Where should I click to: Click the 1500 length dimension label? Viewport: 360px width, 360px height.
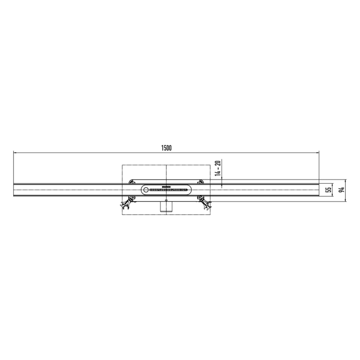coord(166,148)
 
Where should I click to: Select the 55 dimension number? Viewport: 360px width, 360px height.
coord(328,189)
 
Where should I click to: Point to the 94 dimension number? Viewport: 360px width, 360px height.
coord(341,190)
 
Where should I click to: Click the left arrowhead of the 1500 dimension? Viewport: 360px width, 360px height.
coord(15,152)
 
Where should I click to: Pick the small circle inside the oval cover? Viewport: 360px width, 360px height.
coord(146,190)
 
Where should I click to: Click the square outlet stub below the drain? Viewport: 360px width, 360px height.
coord(166,206)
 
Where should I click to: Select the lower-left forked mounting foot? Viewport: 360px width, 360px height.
coord(125,205)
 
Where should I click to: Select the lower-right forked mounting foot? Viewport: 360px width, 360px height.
coord(206,205)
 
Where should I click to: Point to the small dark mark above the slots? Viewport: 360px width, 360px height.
coord(166,186)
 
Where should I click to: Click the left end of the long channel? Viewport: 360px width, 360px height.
coord(14,190)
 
